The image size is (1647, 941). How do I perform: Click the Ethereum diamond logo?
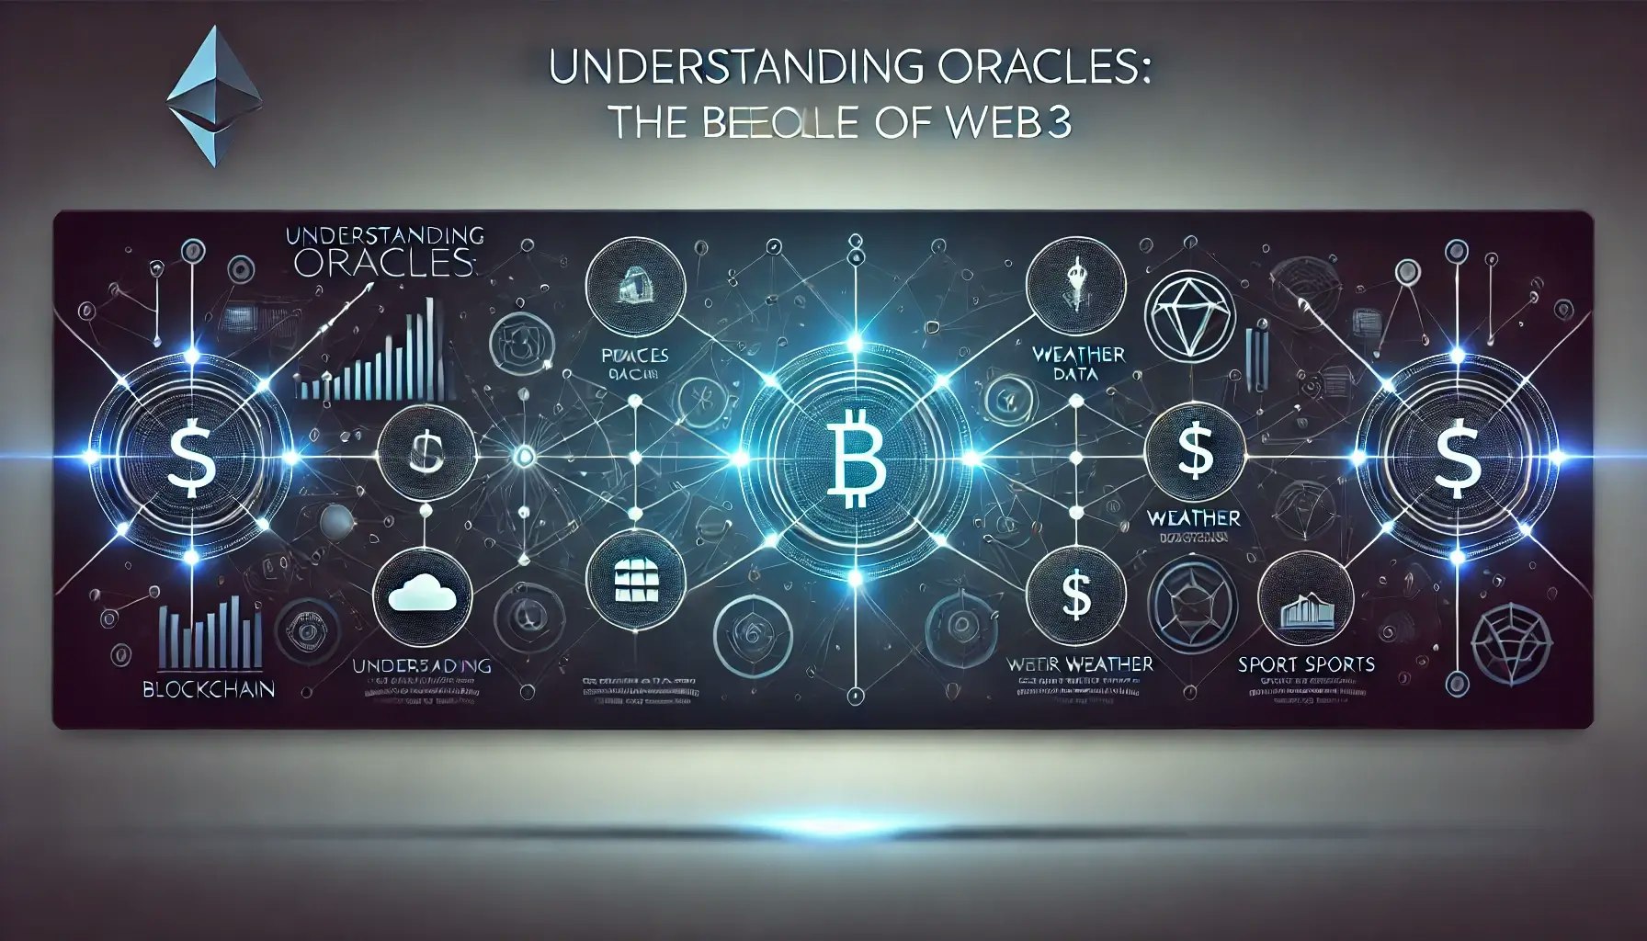pyautogui.click(x=215, y=96)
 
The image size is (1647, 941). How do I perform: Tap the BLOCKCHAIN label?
pyautogui.click(x=209, y=688)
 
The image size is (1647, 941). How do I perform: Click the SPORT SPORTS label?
pyautogui.click(x=1305, y=663)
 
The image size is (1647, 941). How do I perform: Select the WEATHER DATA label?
pyautogui.click(x=1078, y=364)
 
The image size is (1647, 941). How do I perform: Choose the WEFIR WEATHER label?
pyautogui.click(x=1079, y=663)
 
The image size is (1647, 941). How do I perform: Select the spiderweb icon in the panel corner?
pyautogui.click(x=1511, y=641)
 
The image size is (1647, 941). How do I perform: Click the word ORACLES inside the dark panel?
pyautogui.click(x=384, y=264)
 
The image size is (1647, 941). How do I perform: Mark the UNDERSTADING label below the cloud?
pyautogui.click(x=422, y=665)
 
